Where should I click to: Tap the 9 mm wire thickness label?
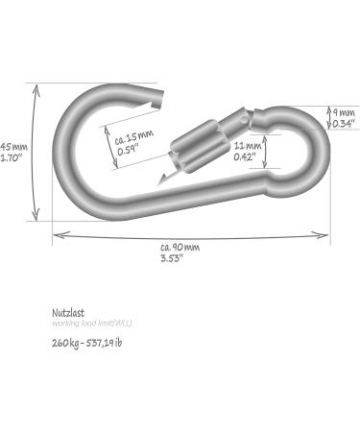(x=344, y=112)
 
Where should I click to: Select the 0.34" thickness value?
(x=344, y=124)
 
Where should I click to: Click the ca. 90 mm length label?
(x=180, y=246)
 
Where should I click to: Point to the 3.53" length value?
(x=175, y=257)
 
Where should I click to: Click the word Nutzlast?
(x=69, y=312)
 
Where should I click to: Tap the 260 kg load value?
(x=68, y=342)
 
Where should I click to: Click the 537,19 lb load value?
(x=104, y=342)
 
